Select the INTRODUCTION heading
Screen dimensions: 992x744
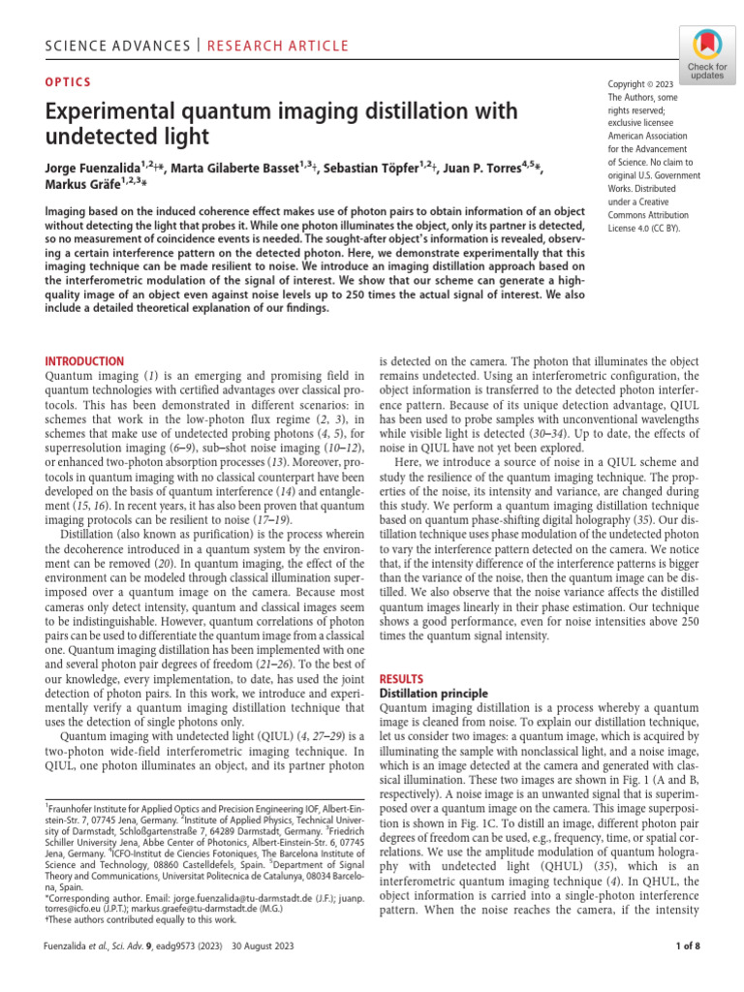[x=85, y=361]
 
